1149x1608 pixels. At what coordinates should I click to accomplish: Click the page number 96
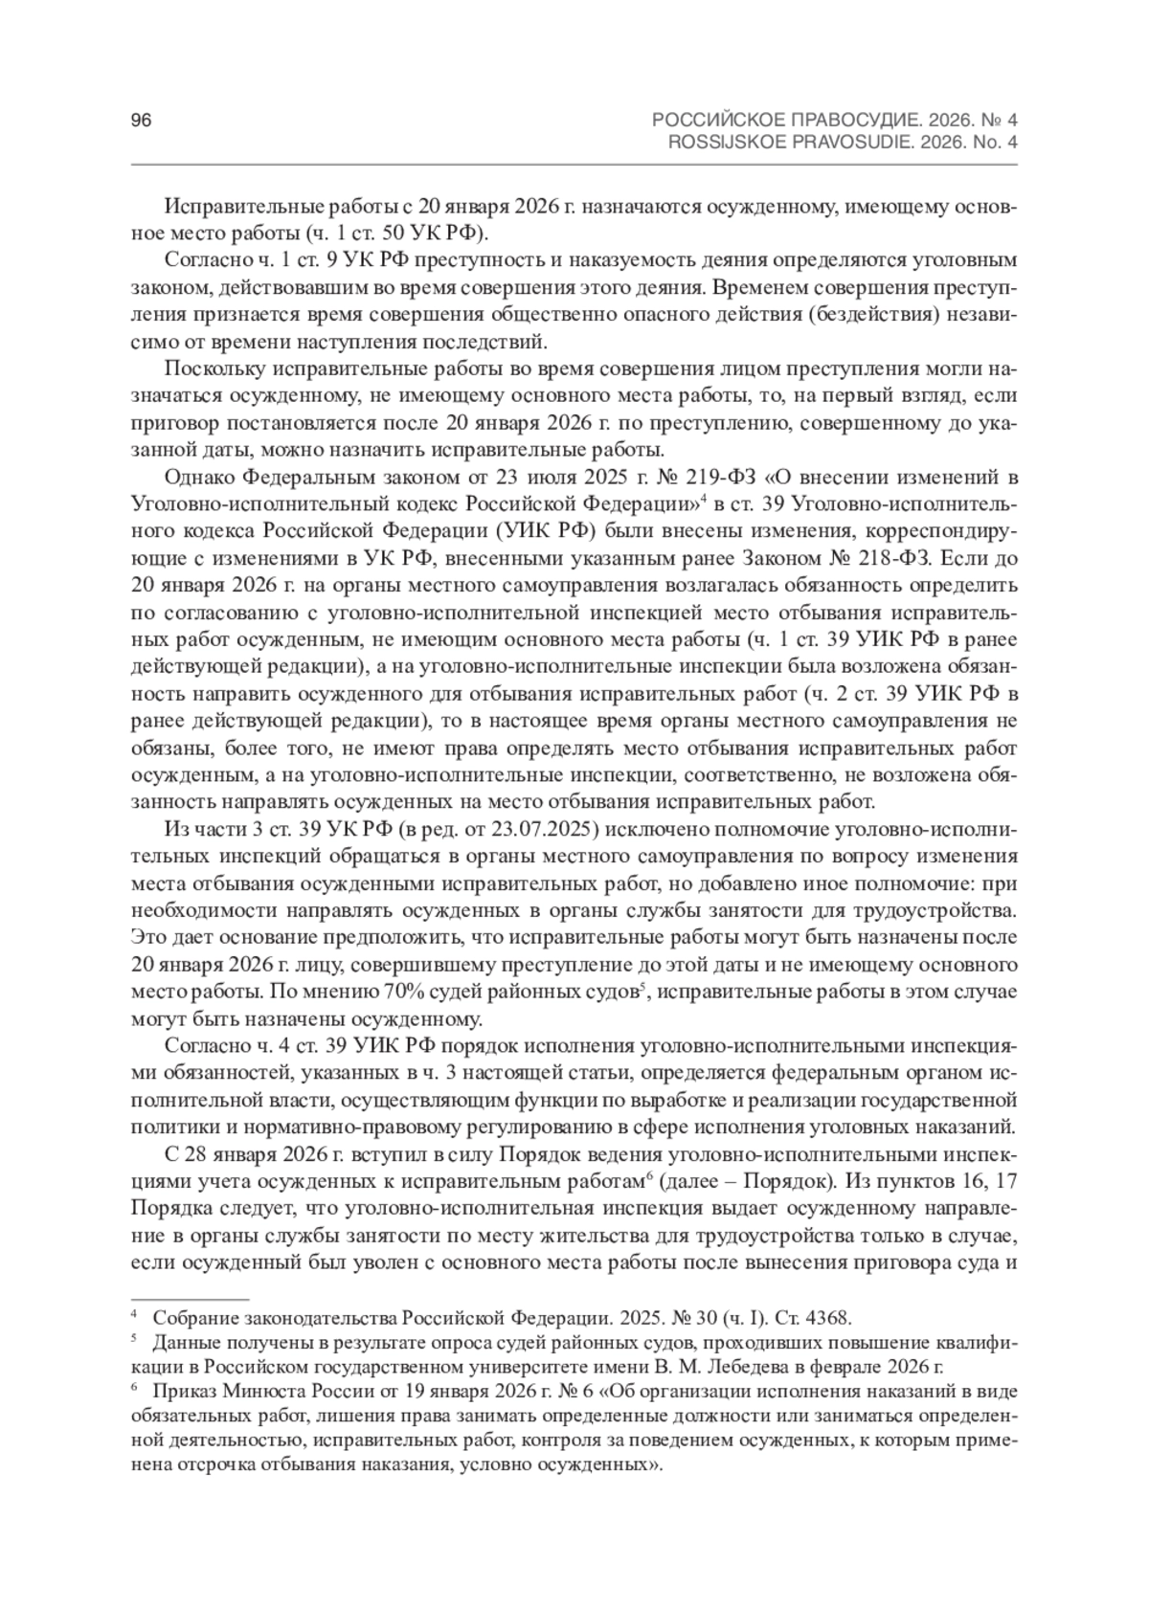point(142,121)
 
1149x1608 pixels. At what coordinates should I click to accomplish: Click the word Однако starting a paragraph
point(197,478)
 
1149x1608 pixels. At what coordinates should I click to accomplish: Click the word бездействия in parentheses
point(876,315)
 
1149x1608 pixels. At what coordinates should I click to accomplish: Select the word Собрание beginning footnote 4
point(192,1318)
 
